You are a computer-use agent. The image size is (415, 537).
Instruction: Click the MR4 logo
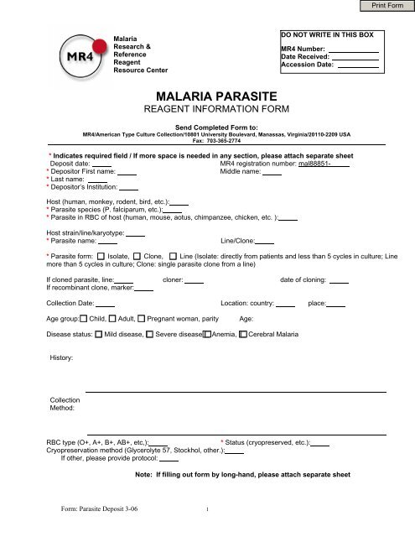76,59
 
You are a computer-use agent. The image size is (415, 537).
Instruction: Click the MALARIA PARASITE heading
206,97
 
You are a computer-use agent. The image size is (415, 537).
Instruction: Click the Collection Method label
65,404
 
